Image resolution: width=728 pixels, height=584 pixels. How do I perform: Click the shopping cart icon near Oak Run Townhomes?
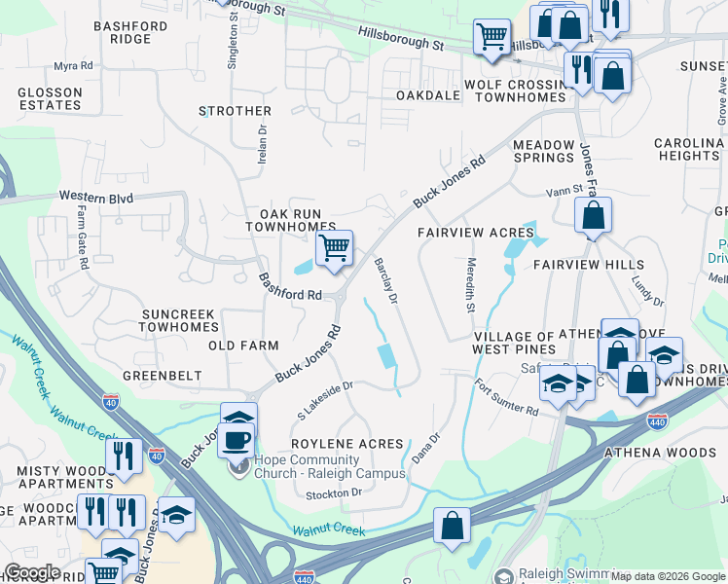point(334,247)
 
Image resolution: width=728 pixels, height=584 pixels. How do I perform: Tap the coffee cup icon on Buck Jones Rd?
point(238,438)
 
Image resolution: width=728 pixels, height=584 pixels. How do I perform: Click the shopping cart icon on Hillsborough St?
point(491,37)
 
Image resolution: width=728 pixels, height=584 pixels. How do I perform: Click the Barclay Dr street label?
point(386,281)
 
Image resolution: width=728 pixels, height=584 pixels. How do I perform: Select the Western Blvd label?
point(95,197)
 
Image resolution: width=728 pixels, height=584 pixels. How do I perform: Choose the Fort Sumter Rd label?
point(507,398)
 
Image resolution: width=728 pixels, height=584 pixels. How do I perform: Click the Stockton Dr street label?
point(334,493)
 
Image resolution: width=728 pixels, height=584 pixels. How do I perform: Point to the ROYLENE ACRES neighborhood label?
point(347,444)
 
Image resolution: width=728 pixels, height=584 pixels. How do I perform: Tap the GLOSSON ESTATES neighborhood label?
point(50,98)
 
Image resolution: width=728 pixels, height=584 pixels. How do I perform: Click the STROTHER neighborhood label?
point(235,112)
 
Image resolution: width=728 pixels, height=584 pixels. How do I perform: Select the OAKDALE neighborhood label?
point(428,95)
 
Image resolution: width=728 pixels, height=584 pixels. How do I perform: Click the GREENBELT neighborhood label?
point(163,375)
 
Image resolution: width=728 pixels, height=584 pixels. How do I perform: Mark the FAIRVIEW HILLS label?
point(588,265)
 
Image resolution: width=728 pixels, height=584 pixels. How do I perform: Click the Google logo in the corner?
point(32,572)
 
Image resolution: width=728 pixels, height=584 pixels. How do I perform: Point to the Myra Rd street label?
point(73,66)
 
